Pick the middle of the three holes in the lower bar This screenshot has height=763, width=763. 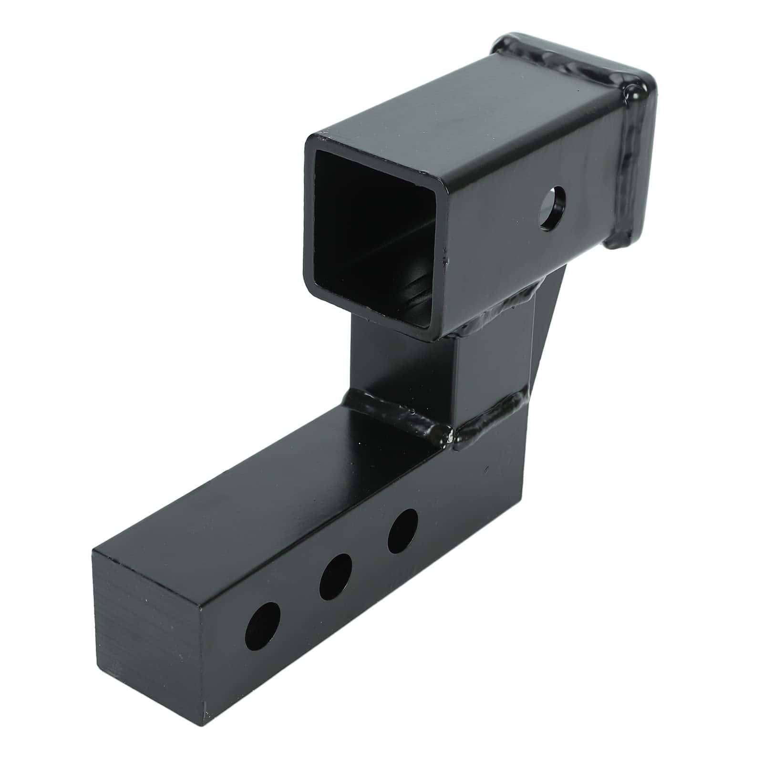[x=335, y=577]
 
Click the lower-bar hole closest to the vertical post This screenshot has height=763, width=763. [x=403, y=531]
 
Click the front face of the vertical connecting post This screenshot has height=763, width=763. [x=401, y=367]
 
